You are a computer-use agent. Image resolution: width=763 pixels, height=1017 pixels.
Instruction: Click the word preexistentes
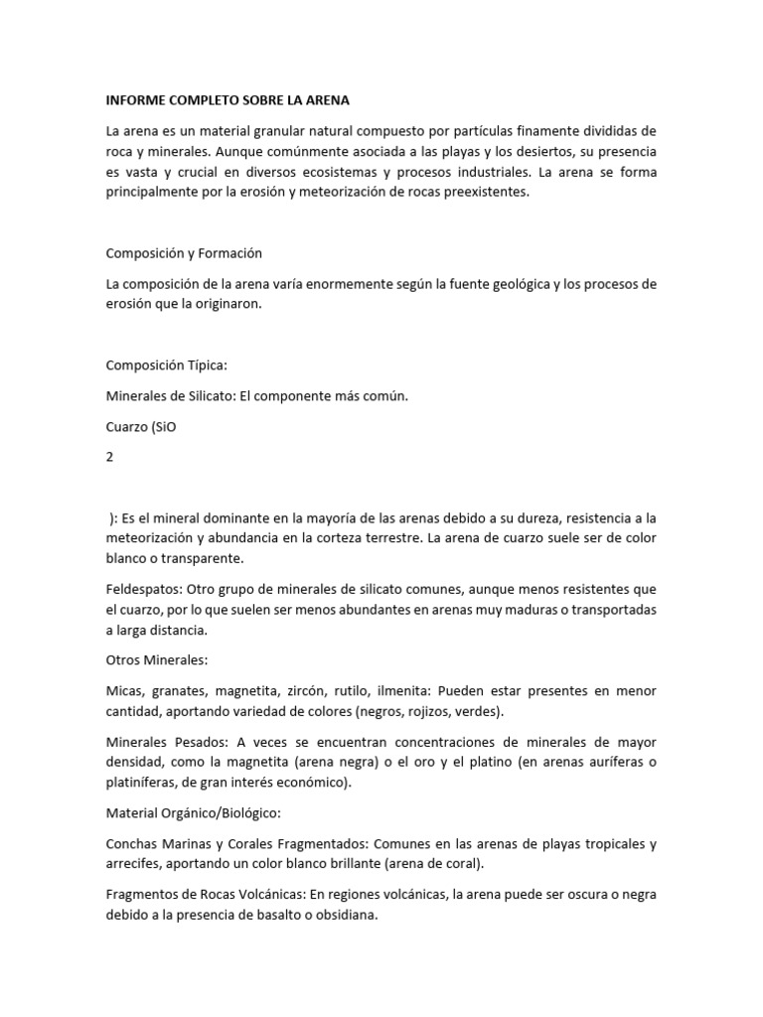coord(487,193)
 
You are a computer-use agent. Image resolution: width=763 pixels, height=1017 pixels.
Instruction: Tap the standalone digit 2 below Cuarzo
coord(110,457)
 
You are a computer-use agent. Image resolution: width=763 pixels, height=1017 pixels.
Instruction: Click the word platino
coord(472,762)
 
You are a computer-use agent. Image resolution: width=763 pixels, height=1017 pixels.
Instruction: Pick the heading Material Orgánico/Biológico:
coord(194,812)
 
